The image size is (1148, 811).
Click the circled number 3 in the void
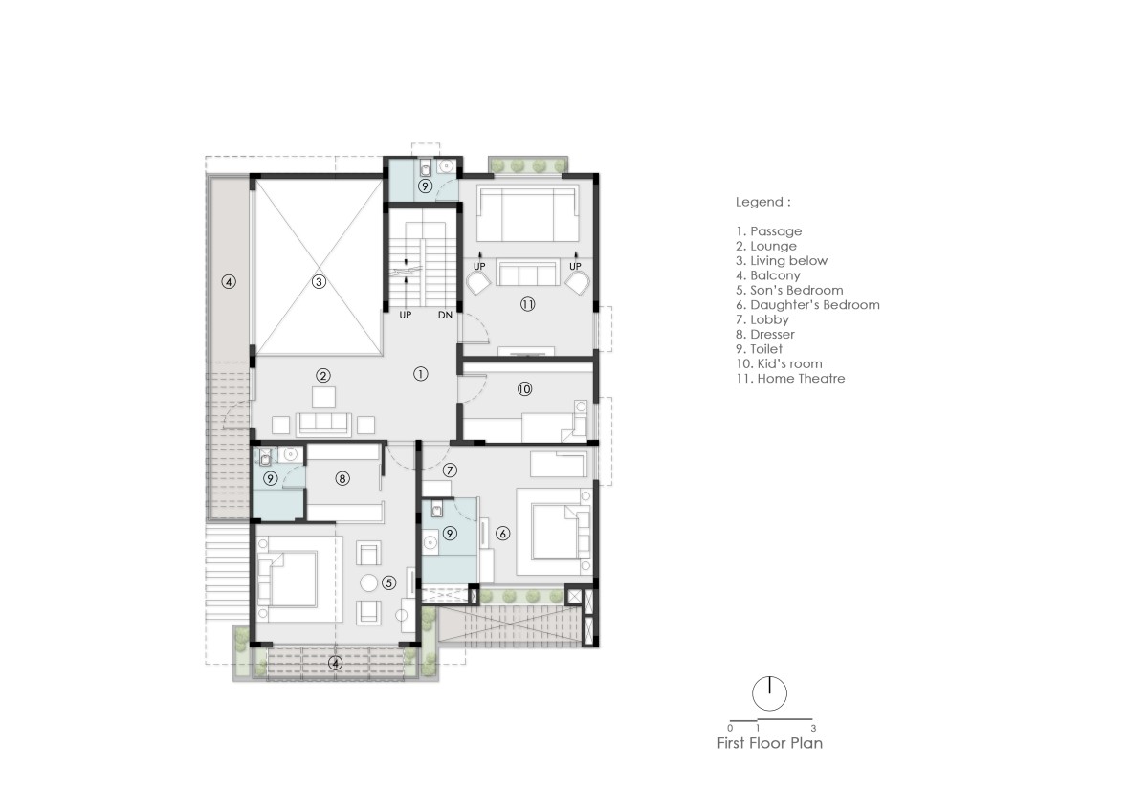click(319, 282)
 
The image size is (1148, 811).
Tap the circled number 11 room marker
click(528, 305)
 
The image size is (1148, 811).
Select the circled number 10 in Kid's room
click(524, 389)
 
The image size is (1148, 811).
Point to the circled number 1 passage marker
click(420, 375)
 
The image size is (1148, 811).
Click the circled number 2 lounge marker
click(323, 376)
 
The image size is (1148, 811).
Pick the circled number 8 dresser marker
click(342, 479)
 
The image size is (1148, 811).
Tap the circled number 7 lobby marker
click(450, 471)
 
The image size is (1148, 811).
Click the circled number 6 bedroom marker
click(503, 534)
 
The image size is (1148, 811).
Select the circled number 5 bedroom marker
click(389, 583)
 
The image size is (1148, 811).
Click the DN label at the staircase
click(445, 315)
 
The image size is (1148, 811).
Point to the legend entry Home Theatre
click(790, 379)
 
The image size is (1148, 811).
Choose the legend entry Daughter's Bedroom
click(807, 305)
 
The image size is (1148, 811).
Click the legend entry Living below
click(782, 261)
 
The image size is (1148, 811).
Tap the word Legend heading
click(760, 203)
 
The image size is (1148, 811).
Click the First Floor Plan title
click(770, 743)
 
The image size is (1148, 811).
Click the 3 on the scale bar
click(813, 728)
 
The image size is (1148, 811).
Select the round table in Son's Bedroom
click(369, 583)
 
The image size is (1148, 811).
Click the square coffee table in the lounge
click(323, 398)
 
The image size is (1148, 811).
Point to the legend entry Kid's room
click(779, 363)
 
